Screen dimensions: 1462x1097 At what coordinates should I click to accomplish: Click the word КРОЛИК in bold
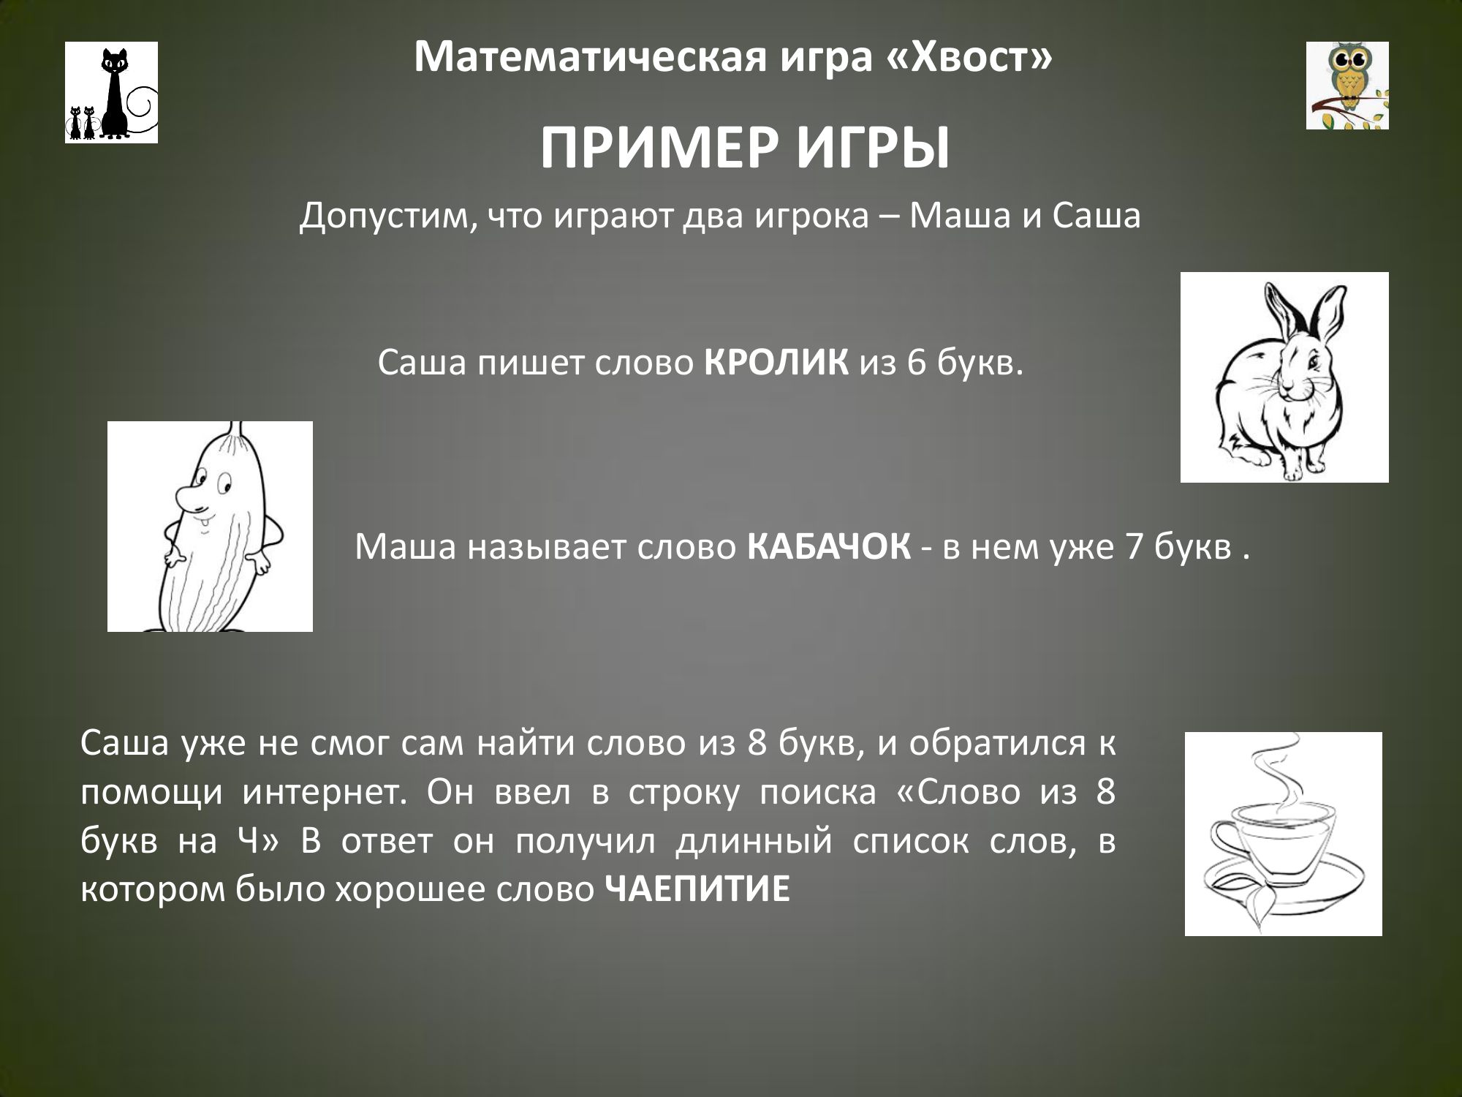[776, 363]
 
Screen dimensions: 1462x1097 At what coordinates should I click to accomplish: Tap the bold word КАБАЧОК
[830, 547]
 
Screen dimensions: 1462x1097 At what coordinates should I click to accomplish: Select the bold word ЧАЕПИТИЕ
[699, 890]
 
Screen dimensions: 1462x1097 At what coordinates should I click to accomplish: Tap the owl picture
[1347, 86]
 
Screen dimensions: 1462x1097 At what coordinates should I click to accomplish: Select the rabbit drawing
[1284, 377]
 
